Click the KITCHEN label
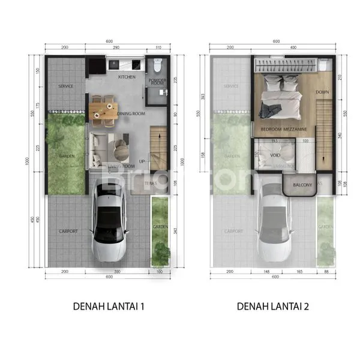point(127,77)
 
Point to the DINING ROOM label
point(131,113)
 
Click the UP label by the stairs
point(142,161)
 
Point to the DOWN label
point(322,92)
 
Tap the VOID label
point(275,154)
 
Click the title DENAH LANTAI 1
point(109,306)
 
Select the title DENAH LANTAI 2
point(274,306)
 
